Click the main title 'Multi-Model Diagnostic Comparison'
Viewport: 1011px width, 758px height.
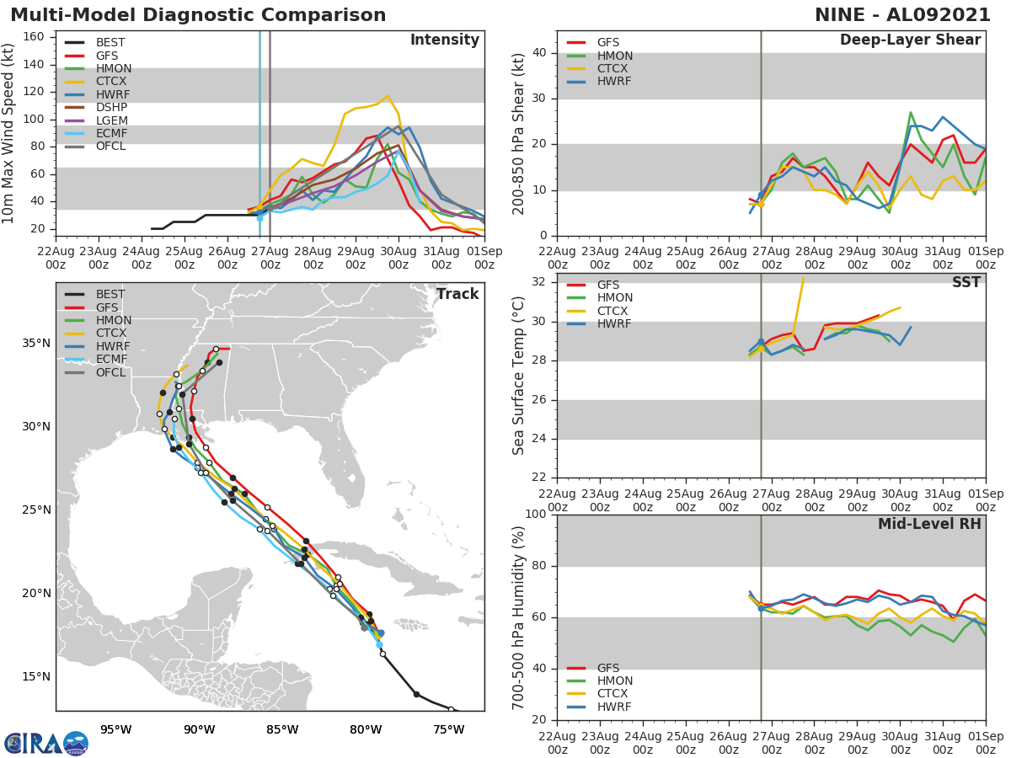[x=198, y=15]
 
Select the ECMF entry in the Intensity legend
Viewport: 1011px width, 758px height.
[x=112, y=134]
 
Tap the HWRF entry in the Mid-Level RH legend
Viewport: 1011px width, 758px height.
[x=614, y=707]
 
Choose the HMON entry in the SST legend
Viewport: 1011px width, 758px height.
[x=615, y=297]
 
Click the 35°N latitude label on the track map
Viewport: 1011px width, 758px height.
[x=36, y=343]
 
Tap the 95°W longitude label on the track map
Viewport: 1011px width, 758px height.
[x=115, y=729]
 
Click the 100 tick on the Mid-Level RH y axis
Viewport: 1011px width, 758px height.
[x=537, y=515]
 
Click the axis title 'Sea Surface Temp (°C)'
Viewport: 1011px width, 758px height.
[x=519, y=376]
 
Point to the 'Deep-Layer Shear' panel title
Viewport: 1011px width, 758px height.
[x=910, y=40]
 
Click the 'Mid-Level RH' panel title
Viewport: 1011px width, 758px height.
[x=929, y=524]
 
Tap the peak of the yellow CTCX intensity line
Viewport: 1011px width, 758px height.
[x=388, y=97]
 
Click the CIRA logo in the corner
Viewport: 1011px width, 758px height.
[x=46, y=743]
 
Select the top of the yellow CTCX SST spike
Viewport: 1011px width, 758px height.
[x=803, y=278]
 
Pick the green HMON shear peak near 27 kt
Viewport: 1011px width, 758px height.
[x=911, y=112]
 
